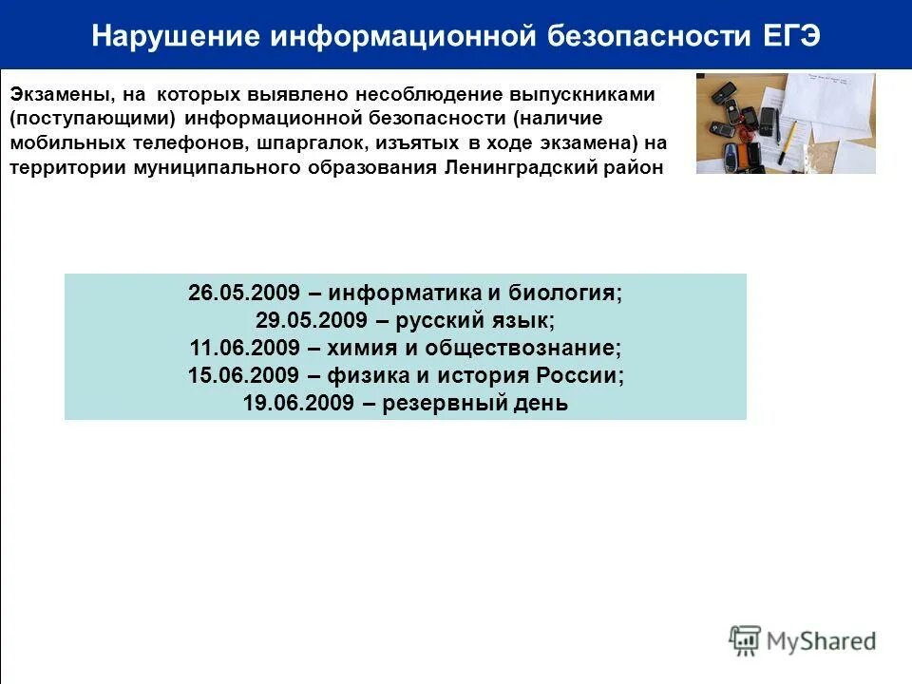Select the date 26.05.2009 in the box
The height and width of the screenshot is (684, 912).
(x=244, y=293)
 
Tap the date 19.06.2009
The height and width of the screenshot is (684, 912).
(x=297, y=403)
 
